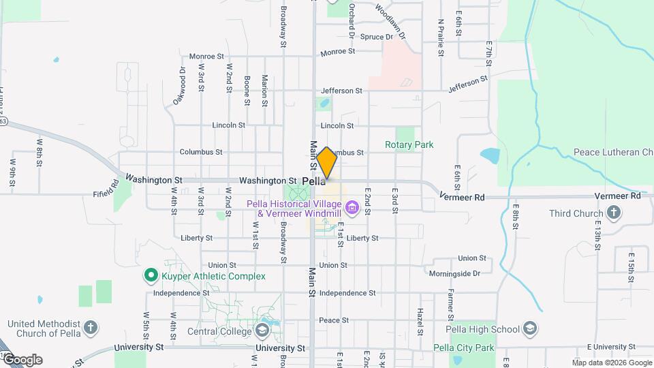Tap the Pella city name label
313,182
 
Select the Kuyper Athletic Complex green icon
151,276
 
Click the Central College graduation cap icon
261,331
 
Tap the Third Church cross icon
613,213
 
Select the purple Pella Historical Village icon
352,206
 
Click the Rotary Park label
409,144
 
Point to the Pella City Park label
463,348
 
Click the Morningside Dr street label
455,273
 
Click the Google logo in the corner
22,359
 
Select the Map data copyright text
612,363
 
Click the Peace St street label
334,320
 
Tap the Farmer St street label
450,304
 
